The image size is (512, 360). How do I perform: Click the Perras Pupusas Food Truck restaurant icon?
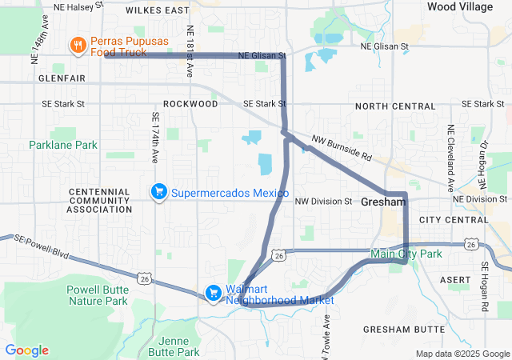(x=78, y=46)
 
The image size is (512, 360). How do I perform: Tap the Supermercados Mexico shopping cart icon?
(x=159, y=191)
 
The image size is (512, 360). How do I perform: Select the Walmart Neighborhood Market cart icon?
(x=214, y=294)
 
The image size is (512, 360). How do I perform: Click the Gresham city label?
(x=383, y=202)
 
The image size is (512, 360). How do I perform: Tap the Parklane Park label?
(x=62, y=145)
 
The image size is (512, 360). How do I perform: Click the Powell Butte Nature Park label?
(x=98, y=295)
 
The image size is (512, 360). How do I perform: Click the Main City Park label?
(x=406, y=254)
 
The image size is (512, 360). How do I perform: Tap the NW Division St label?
(x=323, y=201)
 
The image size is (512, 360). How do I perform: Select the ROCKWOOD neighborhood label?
(x=190, y=104)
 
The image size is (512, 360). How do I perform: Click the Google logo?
(x=26, y=350)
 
